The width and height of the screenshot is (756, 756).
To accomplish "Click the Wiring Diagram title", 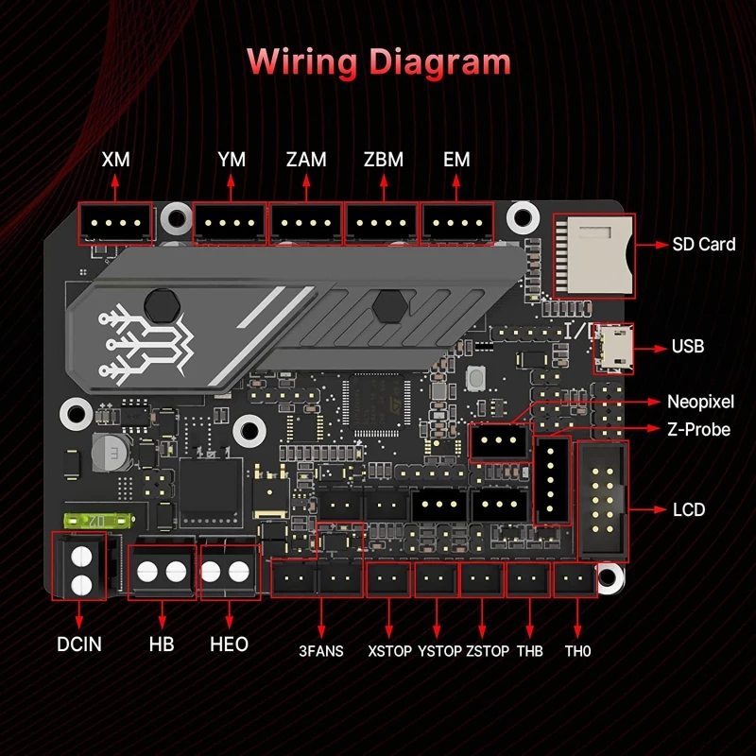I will click(378, 62).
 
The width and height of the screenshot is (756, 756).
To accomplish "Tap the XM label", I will click(115, 160).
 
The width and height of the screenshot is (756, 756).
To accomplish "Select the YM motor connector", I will click(231, 224).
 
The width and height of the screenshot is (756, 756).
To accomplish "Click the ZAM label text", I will click(305, 160).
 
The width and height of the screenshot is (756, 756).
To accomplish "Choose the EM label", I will click(456, 160).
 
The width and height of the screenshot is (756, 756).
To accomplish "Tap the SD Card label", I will click(703, 244).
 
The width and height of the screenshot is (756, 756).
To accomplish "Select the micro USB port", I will click(611, 347).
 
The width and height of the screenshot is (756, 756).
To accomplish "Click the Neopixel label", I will click(699, 402).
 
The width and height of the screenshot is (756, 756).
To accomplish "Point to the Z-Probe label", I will click(698, 429).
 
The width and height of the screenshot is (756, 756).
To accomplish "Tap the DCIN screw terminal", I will click(82, 565).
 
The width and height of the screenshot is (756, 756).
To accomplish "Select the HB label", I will click(162, 644).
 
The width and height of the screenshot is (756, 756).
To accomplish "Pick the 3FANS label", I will click(321, 651).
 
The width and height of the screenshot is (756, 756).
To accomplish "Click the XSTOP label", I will click(390, 651).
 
